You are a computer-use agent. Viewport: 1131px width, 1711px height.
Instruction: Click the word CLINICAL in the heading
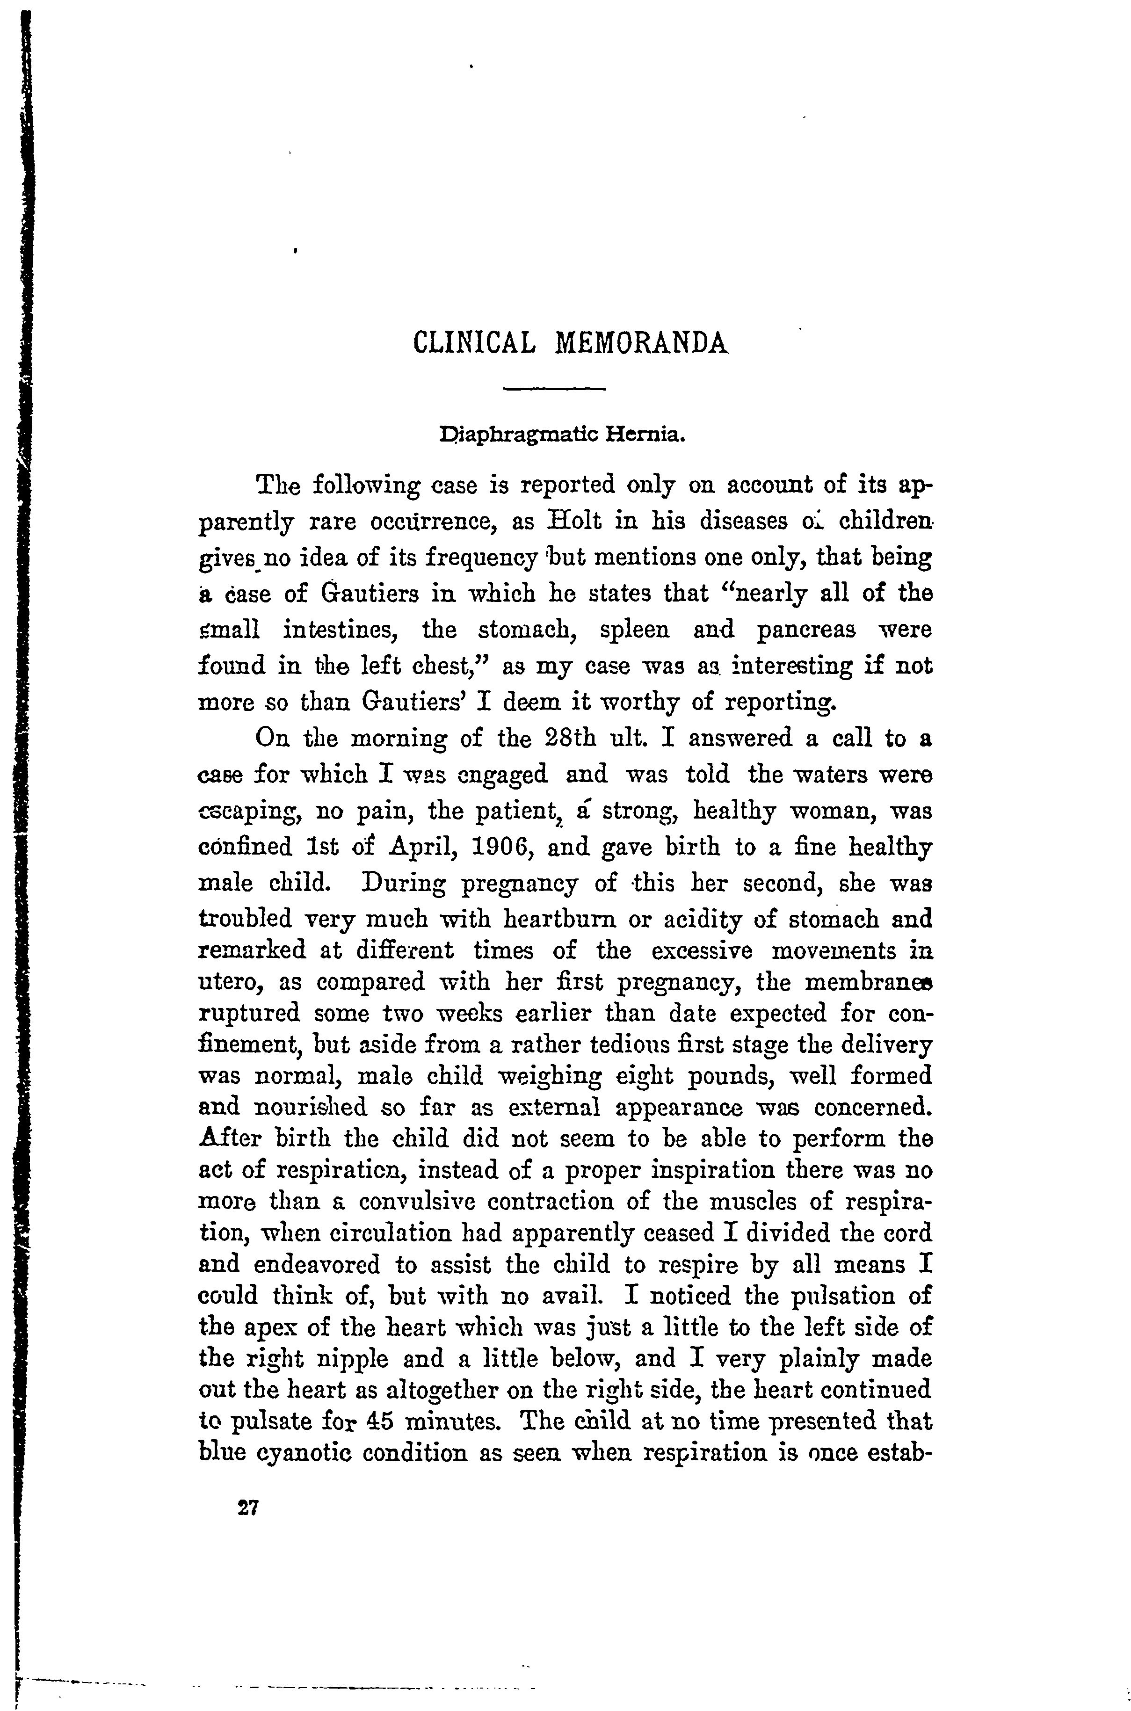[475, 342]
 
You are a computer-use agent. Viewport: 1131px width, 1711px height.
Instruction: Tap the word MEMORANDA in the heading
[642, 342]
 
